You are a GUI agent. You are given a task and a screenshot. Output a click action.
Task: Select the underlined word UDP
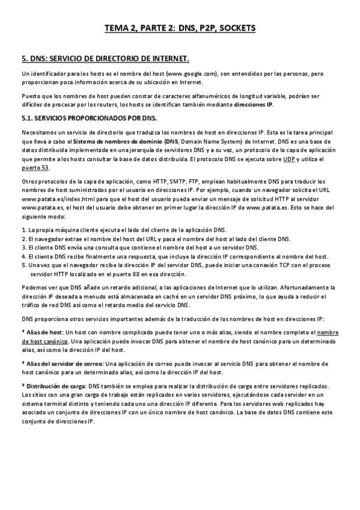pos(289,159)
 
